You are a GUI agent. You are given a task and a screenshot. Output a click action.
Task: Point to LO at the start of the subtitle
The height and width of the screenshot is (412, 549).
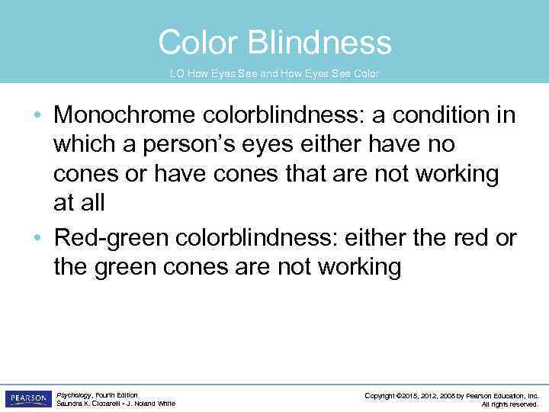pyautogui.click(x=176, y=74)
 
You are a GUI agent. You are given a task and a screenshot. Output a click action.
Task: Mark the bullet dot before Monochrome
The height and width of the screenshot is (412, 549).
pyautogui.click(x=37, y=117)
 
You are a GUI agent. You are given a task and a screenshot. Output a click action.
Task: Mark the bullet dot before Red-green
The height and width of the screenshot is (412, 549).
pyautogui.click(x=37, y=239)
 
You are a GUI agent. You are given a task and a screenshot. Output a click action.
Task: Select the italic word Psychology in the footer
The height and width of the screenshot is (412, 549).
pyautogui.click(x=74, y=395)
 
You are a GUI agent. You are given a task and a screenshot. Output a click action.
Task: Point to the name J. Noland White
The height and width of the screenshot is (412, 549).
pyautogui.click(x=152, y=404)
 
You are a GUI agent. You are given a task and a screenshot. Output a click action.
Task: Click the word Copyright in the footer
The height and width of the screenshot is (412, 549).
pyautogui.click(x=380, y=395)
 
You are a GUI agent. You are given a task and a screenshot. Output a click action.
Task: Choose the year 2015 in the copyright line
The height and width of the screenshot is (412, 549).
pyautogui.click(x=413, y=395)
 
